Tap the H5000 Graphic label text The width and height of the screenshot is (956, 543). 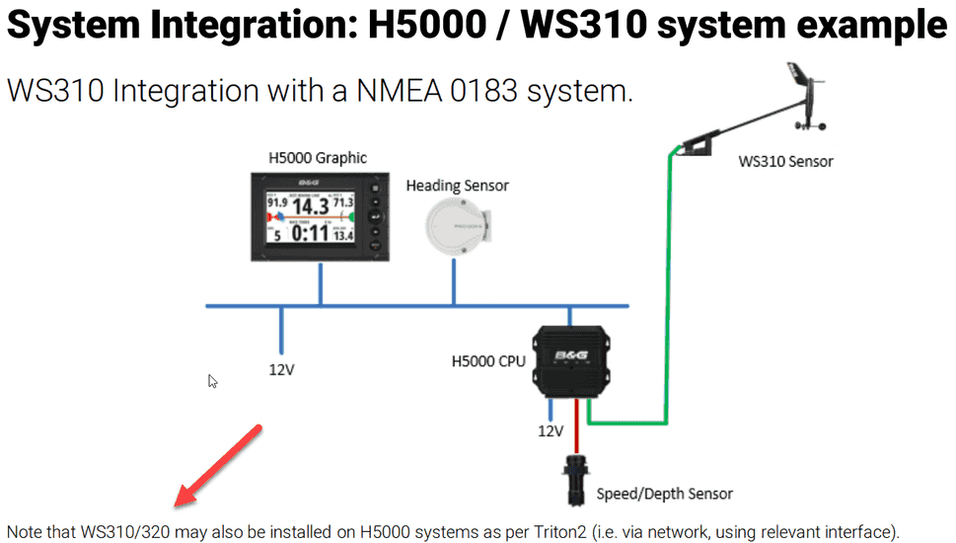[317, 157]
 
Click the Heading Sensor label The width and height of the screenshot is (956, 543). [458, 185]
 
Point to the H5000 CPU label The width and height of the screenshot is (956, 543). [487, 360]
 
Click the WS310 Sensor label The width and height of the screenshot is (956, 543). [785, 161]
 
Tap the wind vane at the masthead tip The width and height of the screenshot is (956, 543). [804, 94]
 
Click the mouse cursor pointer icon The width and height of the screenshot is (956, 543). [212, 381]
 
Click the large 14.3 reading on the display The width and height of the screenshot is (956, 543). [312, 207]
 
